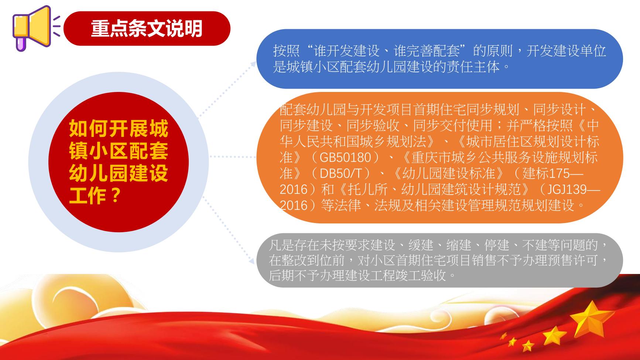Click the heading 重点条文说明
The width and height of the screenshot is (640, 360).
[147, 28]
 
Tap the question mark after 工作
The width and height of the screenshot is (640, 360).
[116, 195]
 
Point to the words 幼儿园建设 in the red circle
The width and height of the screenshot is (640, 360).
[119, 173]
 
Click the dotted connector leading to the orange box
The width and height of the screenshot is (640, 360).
[233, 157]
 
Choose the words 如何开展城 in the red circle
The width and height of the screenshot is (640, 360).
[119, 128]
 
